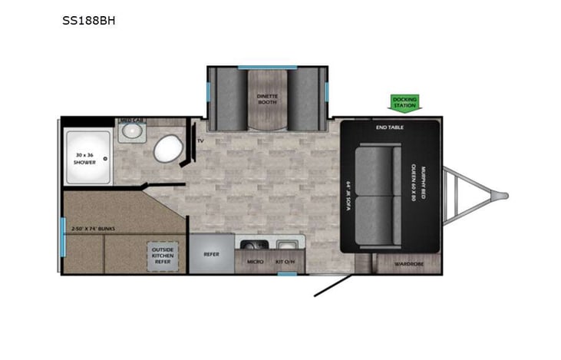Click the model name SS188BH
point(88,21)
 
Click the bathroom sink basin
point(132,131)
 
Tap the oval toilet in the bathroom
point(166,150)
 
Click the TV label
point(200,141)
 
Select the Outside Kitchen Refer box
point(163,256)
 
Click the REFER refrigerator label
point(212,254)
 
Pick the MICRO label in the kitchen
point(256,262)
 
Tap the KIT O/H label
point(285,262)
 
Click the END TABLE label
point(390,127)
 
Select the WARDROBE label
point(407,263)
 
